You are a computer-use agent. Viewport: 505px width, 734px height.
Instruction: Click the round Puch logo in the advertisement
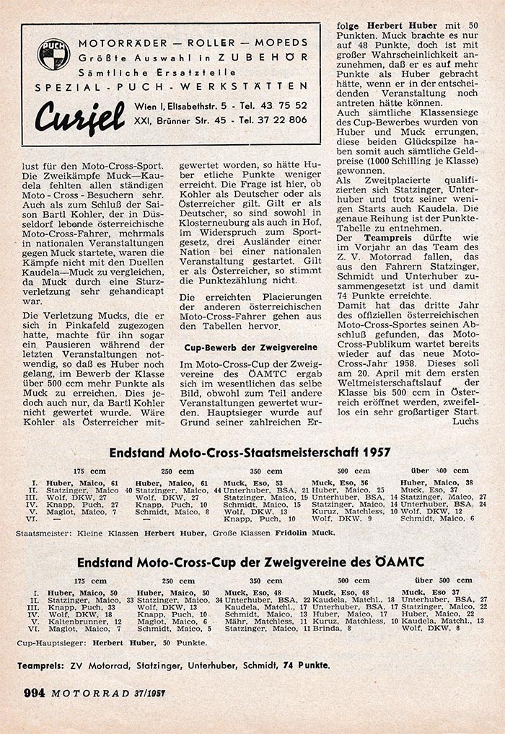tap(53, 54)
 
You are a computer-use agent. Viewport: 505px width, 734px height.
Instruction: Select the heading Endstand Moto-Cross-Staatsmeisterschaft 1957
tap(250, 452)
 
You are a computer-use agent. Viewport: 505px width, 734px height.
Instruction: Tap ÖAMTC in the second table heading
tap(395, 561)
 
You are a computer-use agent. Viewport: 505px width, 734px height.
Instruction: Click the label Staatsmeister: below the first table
tap(42, 534)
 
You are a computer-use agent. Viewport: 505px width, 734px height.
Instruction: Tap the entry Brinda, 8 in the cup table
tap(330, 628)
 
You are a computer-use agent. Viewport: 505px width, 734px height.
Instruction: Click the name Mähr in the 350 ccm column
tap(235, 621)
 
